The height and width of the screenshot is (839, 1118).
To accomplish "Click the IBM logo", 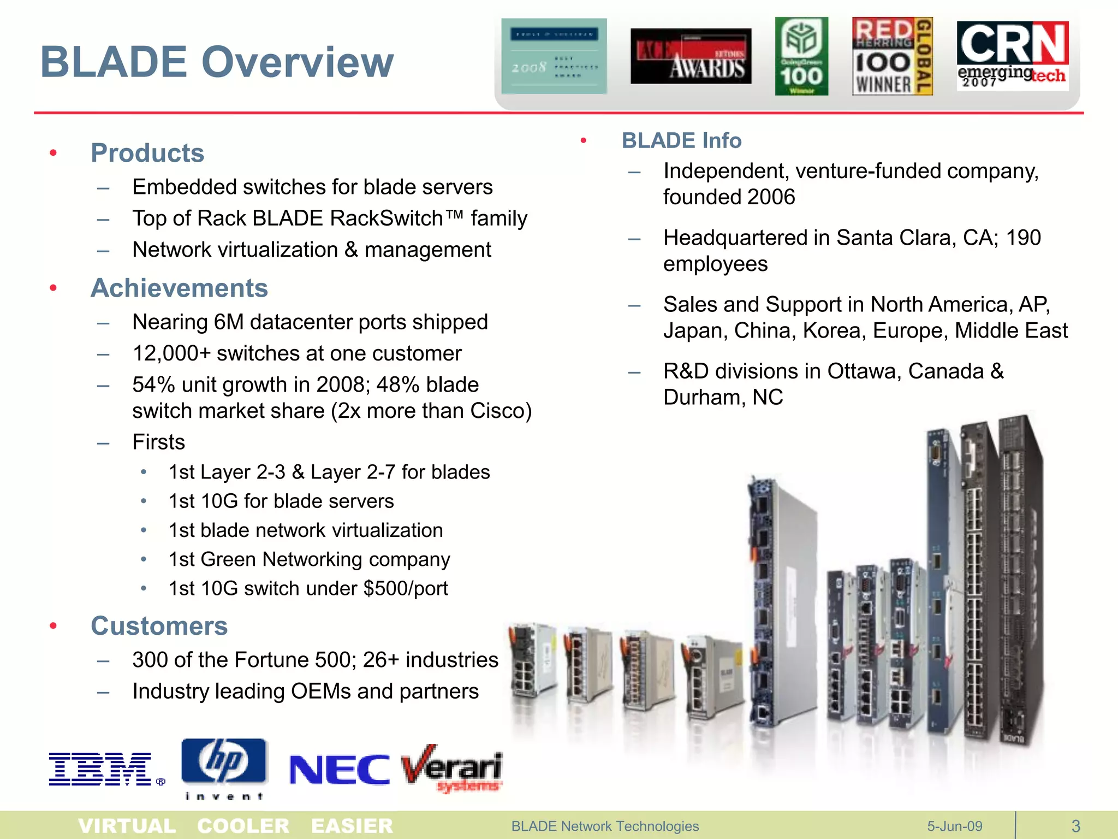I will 100,769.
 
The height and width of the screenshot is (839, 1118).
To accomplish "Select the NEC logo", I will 339,770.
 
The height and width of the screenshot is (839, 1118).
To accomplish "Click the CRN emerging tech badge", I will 1013,56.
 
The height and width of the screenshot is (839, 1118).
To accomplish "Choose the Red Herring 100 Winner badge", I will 892,56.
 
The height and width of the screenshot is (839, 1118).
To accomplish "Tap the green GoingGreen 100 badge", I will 801,56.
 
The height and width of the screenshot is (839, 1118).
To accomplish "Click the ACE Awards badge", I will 691,56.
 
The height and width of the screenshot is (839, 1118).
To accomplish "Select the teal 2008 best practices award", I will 554,56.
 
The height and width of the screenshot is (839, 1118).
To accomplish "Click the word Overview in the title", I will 298,62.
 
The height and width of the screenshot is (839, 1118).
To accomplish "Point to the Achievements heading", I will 179,288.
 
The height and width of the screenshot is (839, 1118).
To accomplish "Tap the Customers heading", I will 159,626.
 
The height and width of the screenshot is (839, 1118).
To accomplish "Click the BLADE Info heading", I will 681,140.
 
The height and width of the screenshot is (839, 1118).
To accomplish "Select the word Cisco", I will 496,411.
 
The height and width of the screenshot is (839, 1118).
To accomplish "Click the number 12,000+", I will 171,353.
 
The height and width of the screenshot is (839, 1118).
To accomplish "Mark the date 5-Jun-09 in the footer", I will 954,826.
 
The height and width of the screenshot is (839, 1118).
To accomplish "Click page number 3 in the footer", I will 1075,826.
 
